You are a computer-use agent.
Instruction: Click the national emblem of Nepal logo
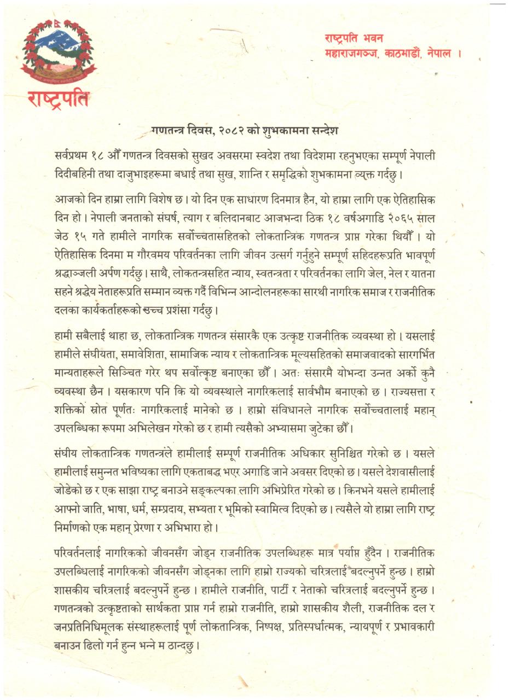57,50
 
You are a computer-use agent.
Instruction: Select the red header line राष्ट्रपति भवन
354,39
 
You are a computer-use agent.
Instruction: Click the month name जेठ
63,237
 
